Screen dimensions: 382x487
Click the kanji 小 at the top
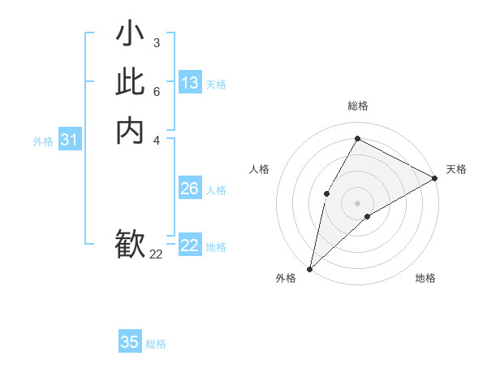coord(130,34)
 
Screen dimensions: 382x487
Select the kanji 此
coord(130,82)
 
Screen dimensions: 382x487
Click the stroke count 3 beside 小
coord(156,42)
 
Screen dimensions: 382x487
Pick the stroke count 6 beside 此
coord(156,90)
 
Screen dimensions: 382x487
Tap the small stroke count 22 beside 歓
coord(156,254)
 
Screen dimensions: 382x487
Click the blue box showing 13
coord(190,83)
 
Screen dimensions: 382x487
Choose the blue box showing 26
coord(190,189)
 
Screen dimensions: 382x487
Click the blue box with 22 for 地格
coord(190,245)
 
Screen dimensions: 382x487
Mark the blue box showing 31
coord(69,140)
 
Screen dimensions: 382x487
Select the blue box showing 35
coord(130,342)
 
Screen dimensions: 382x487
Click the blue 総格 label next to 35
coord(156,344)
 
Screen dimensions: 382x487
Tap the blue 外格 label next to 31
coord(43,141)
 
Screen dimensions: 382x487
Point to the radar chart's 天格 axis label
coord(456,169)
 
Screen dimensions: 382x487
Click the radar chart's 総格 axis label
coord(357,106)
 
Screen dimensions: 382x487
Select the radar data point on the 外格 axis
coord(309,268)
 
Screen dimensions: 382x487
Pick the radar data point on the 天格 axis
coord(434,178)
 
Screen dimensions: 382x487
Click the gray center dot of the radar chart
coord(357,203)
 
